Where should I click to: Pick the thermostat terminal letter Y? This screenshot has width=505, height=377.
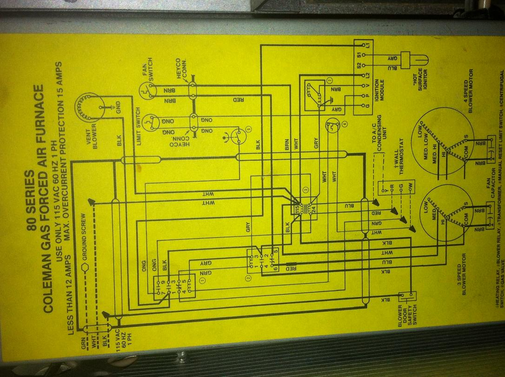coord(385,191)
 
